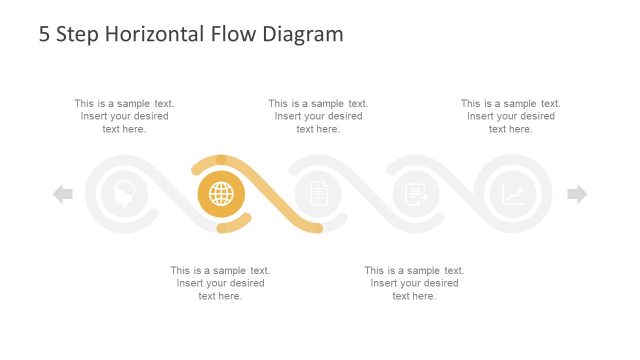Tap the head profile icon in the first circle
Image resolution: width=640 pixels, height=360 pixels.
(125, 194)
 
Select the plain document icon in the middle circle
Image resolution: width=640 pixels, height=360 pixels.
(318, 194)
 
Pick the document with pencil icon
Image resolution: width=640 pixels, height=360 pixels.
(415, 194)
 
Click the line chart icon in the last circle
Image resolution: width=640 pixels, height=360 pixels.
(513, 194)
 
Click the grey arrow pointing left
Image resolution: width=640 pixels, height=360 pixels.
(63, 194)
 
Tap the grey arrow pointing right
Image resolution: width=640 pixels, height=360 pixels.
(577, 194)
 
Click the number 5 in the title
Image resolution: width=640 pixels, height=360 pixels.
(45, 34)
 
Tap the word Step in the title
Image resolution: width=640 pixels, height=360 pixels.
(79, 34)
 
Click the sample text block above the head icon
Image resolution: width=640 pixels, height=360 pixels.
(124, 116)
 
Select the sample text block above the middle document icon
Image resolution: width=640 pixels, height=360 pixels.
(318, 116)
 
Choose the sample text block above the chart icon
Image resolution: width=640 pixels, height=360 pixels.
(511, 116)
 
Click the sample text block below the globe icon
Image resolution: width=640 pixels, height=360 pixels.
(221, 283)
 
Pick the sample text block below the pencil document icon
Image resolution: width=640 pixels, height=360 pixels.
(414, 283)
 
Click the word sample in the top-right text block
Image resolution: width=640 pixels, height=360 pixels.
(520, 103)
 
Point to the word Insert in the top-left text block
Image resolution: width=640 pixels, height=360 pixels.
(96, 116)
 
